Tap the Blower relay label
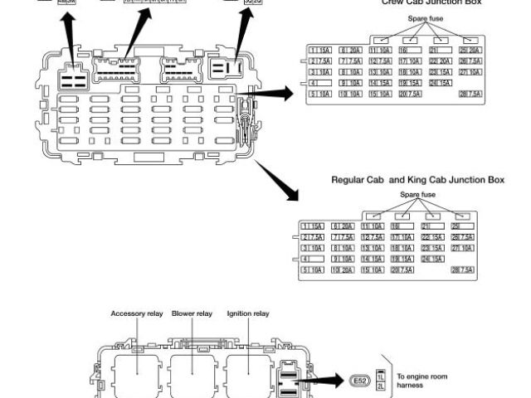pyautogui.click(x=192, y=314)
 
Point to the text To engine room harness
pyautogui.click(x=422, y=381)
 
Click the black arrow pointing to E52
pyautogui.click(x=328, y=381)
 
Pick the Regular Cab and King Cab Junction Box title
pyautogui.click(x=417, y=179)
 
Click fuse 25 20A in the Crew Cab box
pyautogui.click(x=470, y=51)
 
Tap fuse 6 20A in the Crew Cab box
pyautogui.click(x=349, y=51)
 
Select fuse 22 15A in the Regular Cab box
pyautogui.click(x=433, y=237)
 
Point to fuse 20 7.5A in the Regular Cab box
pyautogui.click(x=402, y=270)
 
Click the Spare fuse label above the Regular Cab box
pyautogui.click(x=417, y=194)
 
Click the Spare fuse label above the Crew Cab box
pyautogui.click(x=423, y=17)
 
